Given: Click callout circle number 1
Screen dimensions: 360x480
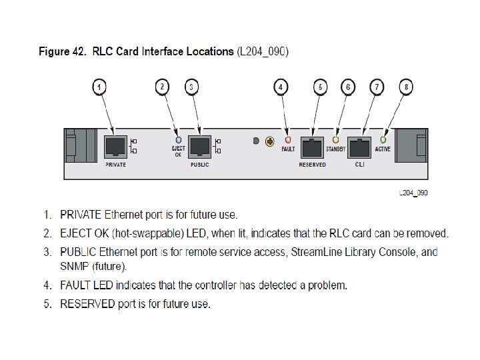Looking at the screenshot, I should [x=99, y=87].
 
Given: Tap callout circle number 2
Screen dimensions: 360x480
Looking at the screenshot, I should [x=162, y=87].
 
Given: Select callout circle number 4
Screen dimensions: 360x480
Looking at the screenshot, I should [x=283, y=87].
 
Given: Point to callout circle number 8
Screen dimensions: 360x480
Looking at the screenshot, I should [x=405, y=87].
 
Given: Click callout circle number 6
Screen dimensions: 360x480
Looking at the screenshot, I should [x=348, y=87].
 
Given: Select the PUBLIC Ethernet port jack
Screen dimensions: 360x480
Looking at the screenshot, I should [x=199, y=145].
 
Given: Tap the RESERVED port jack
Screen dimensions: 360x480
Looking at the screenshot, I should [x=311, y=146].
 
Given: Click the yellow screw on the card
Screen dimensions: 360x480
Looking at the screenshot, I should [x=270, y=141].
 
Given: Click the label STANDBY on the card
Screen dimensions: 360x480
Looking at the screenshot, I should [x=335, y=149].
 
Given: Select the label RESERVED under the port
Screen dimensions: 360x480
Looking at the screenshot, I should [x=312, y=165].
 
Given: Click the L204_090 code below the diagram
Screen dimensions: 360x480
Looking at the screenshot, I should [x=413, y=193].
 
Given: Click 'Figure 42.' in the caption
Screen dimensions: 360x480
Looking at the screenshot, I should [x=62, y=51].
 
